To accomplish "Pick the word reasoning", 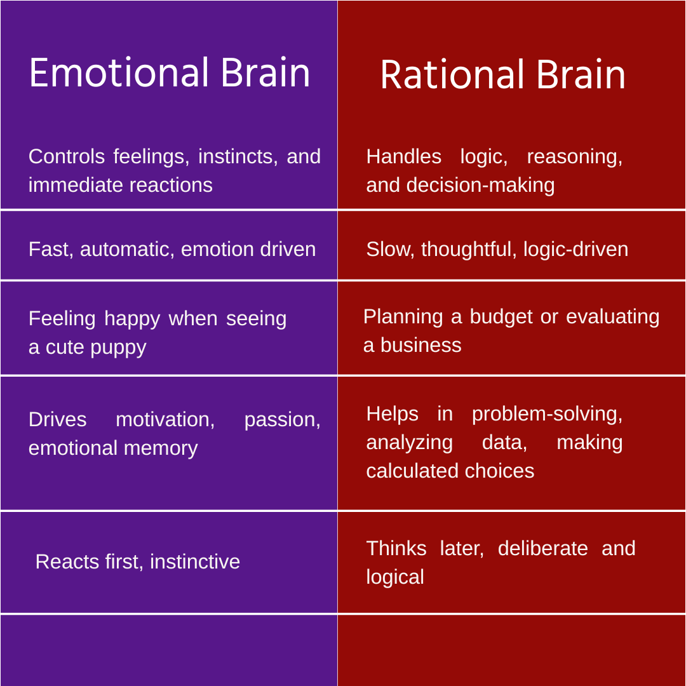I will (574, 156).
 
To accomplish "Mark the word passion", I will (282, 419).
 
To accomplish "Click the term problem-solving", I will (547, 414).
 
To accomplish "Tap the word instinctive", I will (195, 562).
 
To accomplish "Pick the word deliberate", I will (542, 548).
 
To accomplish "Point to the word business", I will (420, 345).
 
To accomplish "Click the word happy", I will (132, 318).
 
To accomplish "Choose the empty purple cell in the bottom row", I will (168, 650).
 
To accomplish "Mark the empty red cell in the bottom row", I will (511, 650).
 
